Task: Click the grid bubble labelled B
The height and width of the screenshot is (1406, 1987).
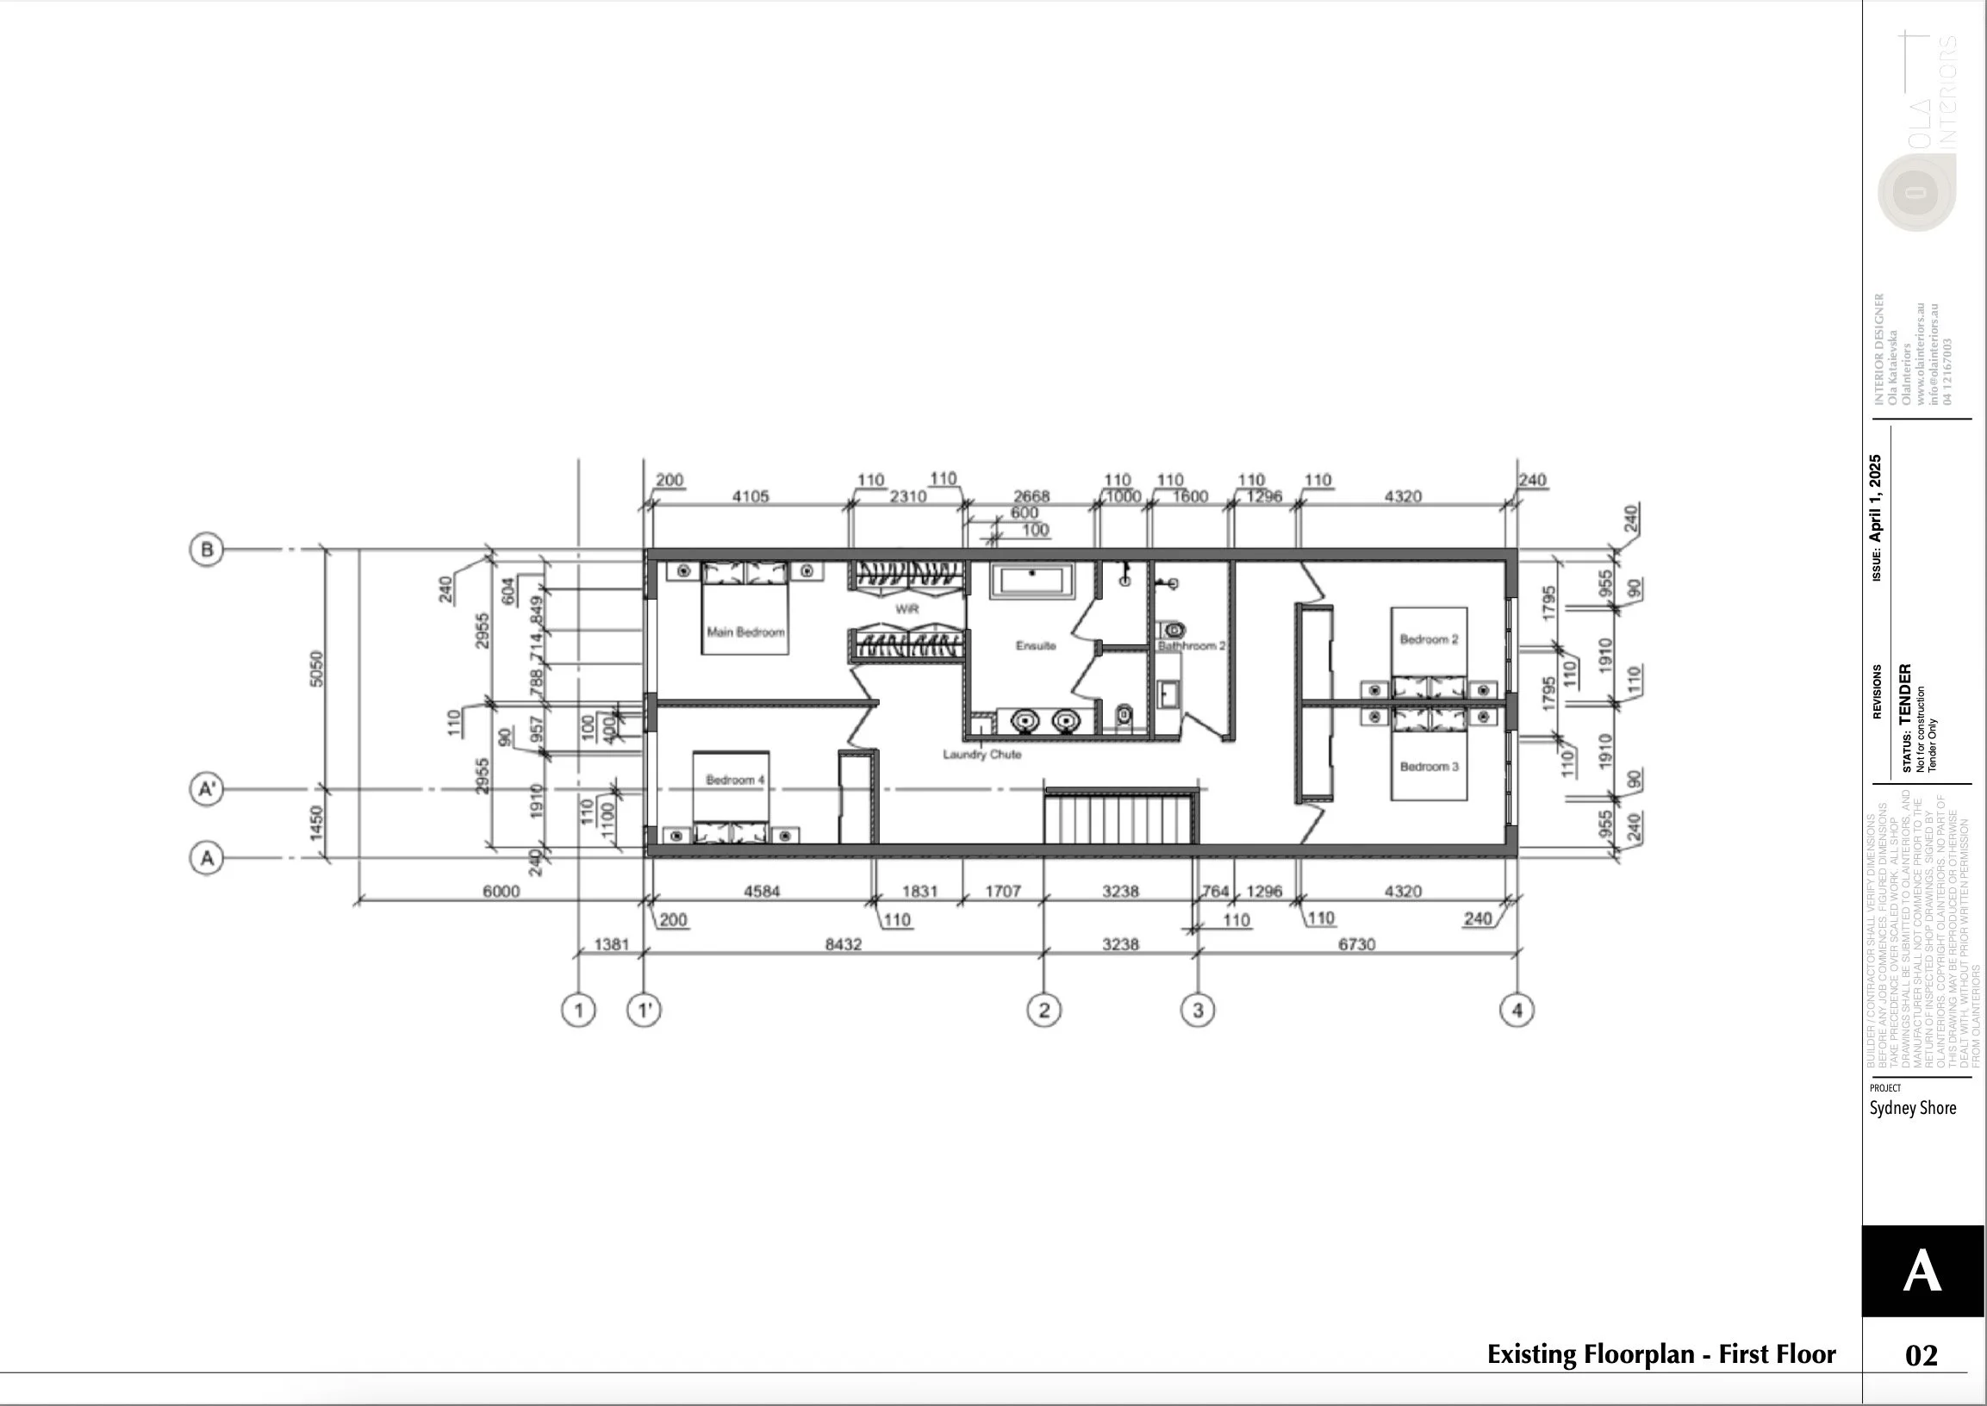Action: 206,550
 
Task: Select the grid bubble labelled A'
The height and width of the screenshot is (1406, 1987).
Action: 206,789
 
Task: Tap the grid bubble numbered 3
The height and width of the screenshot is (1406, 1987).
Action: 1198,1010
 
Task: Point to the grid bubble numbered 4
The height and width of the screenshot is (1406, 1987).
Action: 1517,1010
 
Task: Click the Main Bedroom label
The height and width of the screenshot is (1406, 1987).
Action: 745,632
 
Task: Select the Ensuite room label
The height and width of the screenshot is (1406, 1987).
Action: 1036,646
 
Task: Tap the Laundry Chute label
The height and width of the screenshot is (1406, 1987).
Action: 981,755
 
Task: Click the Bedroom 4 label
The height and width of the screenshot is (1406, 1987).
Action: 734,780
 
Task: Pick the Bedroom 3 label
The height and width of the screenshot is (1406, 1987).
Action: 1429,767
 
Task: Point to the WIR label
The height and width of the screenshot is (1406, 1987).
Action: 906,609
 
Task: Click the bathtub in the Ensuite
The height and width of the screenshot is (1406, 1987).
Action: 1032,581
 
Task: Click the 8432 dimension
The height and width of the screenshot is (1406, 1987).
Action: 843,944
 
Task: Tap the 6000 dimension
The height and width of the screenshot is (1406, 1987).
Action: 501,892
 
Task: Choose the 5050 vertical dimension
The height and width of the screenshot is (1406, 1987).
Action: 317,669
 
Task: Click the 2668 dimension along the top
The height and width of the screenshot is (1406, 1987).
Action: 1031,496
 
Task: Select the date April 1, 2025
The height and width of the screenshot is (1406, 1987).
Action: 1875,498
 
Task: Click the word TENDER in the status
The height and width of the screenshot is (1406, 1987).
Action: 1905,694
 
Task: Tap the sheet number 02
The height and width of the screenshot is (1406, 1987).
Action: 1922,1355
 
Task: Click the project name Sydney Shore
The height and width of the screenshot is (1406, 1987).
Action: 1913,1108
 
